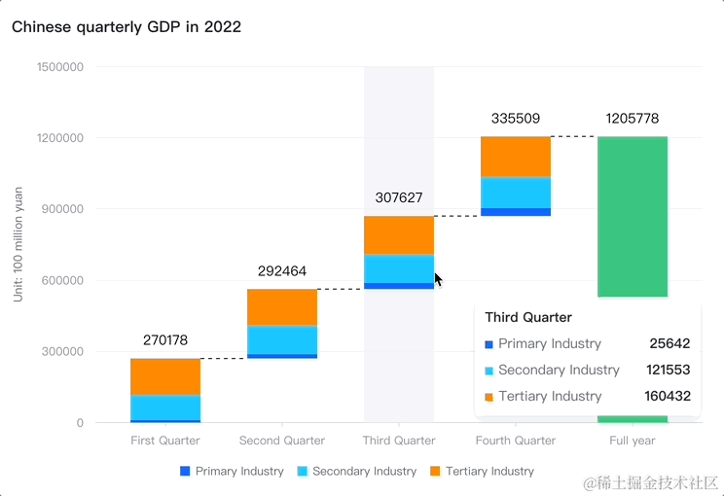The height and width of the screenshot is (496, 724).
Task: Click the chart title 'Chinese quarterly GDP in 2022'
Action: (x=127, y=26)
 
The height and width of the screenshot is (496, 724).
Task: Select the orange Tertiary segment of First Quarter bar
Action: (x=165, y=376)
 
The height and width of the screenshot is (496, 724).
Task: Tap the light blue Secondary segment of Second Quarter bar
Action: (x=282, y=339)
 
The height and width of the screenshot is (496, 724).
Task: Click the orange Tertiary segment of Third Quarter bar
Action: (x=399, y=235)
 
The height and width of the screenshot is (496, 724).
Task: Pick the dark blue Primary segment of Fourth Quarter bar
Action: (x=516, y=211)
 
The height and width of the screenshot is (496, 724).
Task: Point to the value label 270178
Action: (x=165, y=340)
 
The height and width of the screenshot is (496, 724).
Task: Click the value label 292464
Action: (x=282, y=271)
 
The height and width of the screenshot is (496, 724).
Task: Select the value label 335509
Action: (x=516, y=119)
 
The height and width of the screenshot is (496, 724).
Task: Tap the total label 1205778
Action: (x=633, y=119)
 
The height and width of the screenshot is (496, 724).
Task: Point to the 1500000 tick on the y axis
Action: (x=60, y=67)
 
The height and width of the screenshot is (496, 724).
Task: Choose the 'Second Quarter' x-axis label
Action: (x=282, y=441)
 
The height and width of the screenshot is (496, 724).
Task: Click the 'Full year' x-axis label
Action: (x=633, y=441)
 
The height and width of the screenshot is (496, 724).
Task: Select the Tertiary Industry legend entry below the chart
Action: (x=483, y=471)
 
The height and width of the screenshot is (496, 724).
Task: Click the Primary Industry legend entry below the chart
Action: (x=232, y=471)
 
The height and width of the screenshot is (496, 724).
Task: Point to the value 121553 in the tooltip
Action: (x=668, y=370)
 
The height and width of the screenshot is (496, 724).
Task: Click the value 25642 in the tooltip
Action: (x=670, y=343)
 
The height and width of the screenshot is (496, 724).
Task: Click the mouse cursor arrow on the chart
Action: (x=438, y=279)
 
